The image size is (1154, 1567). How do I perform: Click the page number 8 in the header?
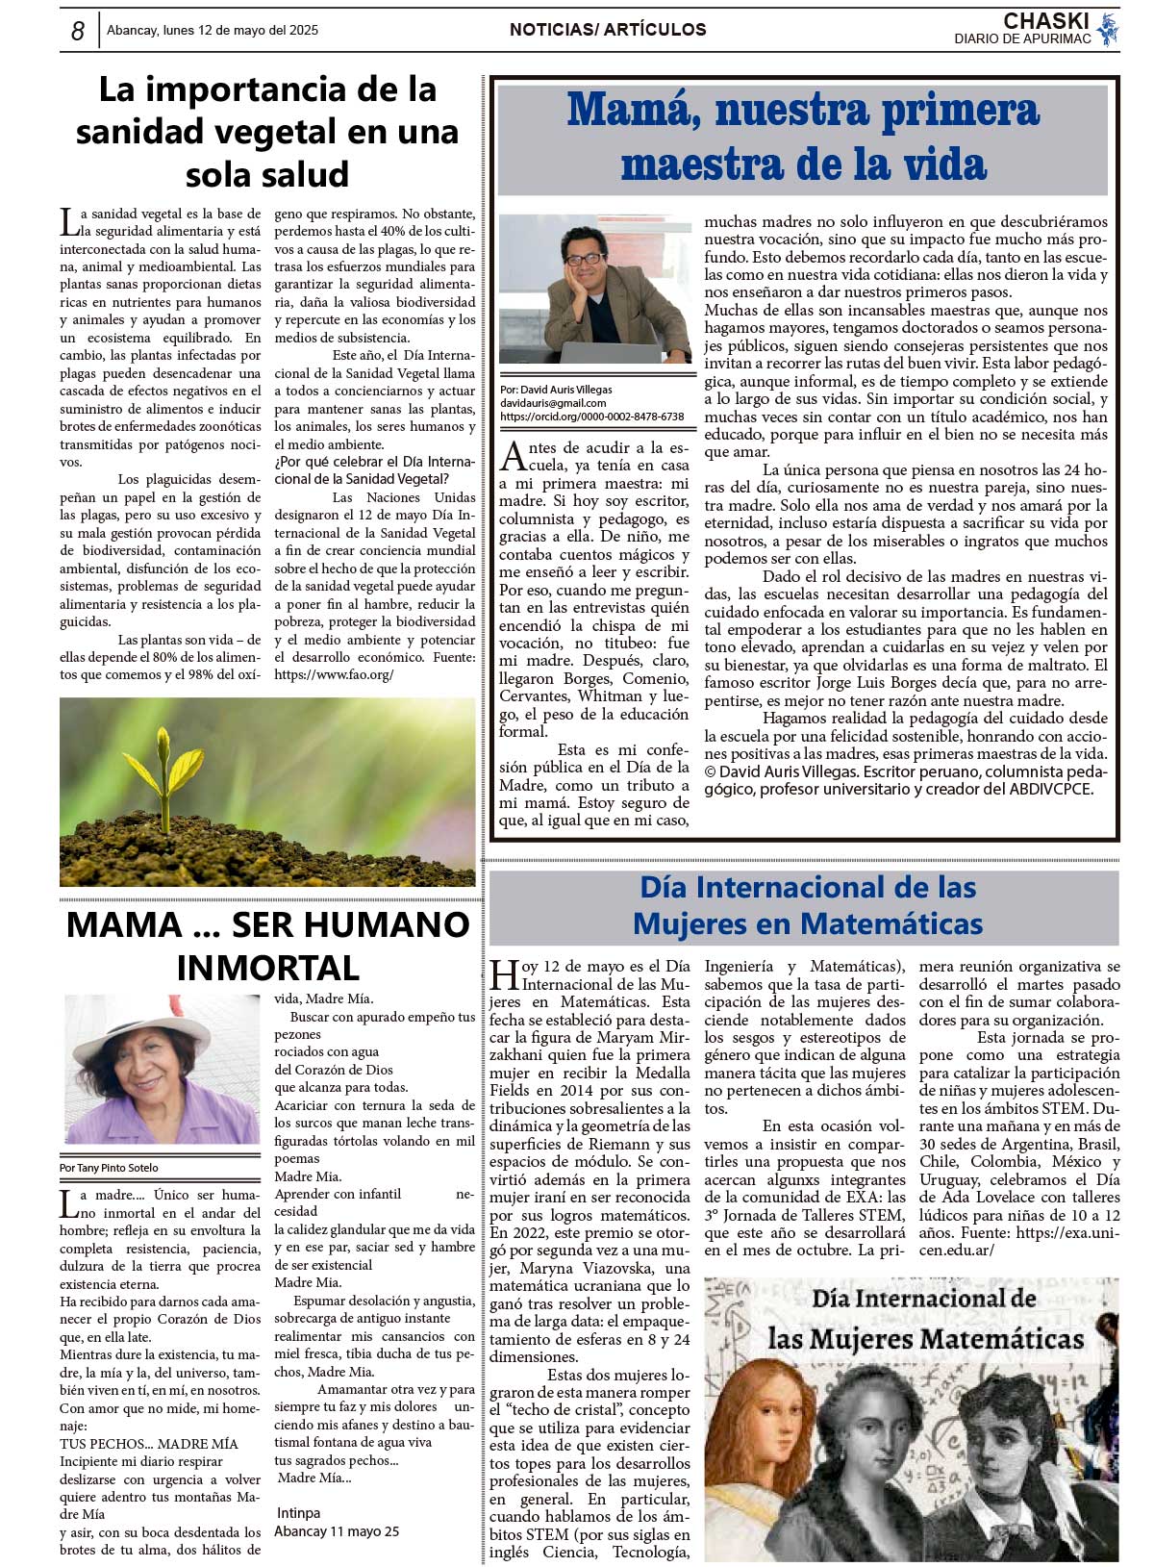pos(78,31)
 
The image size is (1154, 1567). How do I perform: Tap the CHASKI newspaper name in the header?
pos(1045,21)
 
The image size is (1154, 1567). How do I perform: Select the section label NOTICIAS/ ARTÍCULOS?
pos(608,30)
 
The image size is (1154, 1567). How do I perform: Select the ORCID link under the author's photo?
pos(591,417)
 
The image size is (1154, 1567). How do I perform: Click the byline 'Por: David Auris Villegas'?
pos(556,390)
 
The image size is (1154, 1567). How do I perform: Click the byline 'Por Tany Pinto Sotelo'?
pos(109,1168)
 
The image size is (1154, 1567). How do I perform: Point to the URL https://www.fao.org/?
pos(334,675)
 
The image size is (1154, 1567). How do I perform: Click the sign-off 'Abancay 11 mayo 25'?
pos(337,1531)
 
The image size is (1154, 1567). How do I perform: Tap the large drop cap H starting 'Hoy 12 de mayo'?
pos(504,974)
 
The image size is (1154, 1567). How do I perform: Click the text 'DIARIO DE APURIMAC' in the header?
pos(1022,39)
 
